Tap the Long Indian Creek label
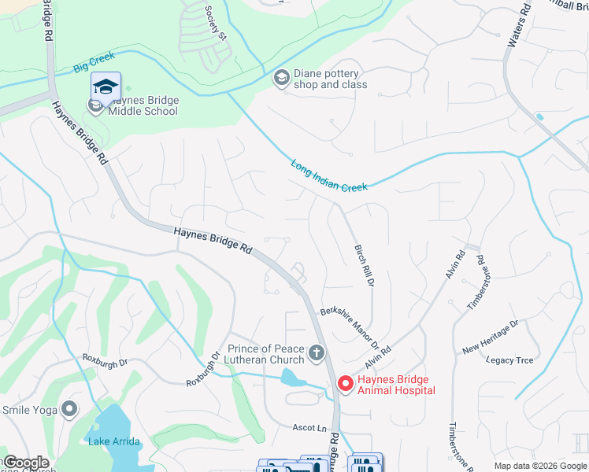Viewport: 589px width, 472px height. pos(329,176)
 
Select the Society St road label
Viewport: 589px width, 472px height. pos(215,23)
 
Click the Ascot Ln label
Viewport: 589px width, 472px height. pos(309,428)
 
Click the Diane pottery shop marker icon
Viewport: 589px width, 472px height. pos(280,78)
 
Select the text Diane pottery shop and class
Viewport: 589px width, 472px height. pos(330,79)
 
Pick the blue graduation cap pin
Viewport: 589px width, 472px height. pos(106,87)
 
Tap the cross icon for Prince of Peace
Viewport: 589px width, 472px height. pos(317,352)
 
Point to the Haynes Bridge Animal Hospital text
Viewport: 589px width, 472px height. pos(395,384)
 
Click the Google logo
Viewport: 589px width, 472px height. pos(26,463)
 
